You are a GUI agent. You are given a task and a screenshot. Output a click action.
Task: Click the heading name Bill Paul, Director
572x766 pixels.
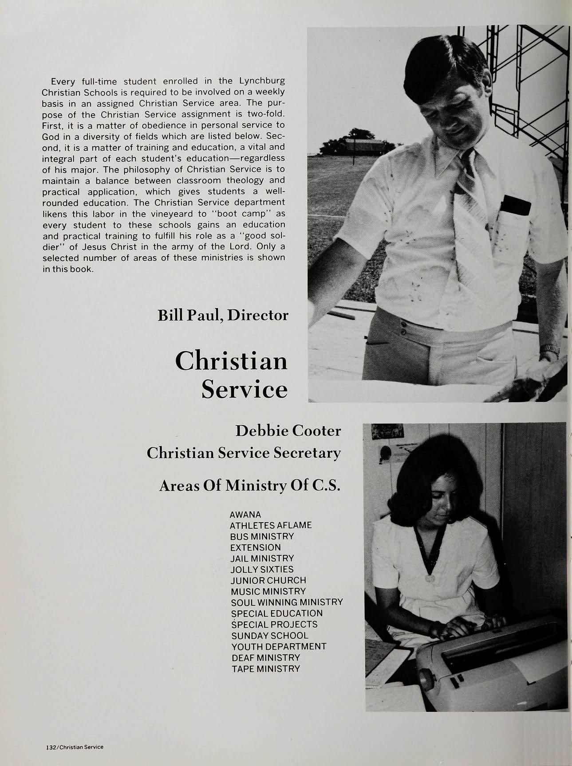click(223, 315)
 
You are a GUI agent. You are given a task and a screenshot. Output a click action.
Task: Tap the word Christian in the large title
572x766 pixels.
click(231, 361)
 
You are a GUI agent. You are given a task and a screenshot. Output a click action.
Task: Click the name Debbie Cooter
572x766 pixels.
click(288, 430)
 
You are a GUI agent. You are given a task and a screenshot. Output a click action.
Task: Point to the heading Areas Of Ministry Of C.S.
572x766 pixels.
click(249, 486)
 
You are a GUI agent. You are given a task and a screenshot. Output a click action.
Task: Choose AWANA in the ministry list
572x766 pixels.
click(245, 515)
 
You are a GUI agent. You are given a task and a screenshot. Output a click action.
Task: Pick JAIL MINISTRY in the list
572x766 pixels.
click(262, 558)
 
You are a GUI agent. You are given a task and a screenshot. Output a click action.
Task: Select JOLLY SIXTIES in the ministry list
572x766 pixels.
click(262, 569)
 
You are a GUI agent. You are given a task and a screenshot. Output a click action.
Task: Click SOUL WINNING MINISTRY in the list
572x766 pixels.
click(287, 602)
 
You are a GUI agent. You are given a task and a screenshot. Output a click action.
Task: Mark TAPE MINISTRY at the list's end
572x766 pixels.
click(265, 668)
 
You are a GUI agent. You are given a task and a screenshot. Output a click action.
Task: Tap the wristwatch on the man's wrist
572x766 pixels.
click(549, 350)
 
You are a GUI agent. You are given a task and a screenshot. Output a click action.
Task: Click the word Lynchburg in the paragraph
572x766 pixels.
click(262, 81)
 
